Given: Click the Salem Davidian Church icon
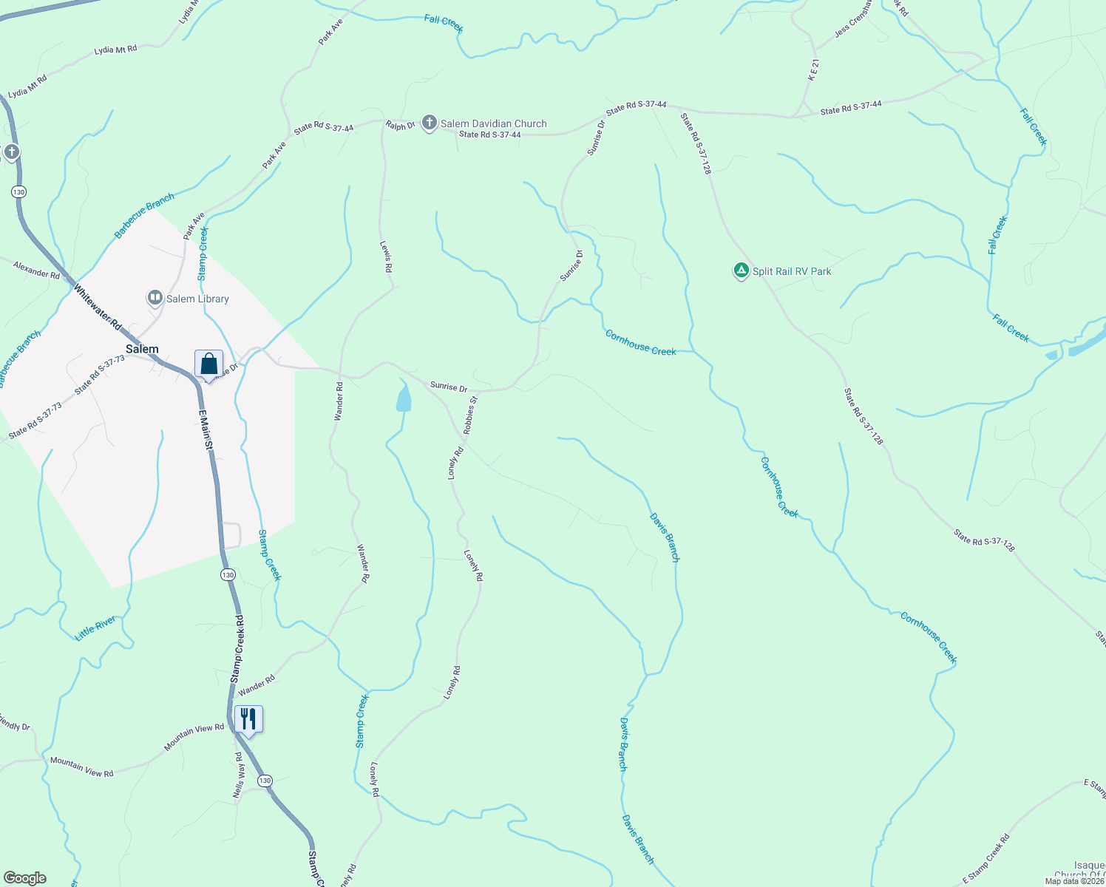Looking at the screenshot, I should point(430,123).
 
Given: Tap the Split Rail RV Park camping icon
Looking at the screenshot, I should point(741,271).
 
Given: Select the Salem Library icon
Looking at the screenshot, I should point(155,299).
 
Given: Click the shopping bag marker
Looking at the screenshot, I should point(208,364).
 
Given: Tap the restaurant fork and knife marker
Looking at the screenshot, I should point(248,719).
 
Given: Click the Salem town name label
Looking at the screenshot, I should point(142,349).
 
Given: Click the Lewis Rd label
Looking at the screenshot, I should point(386,256).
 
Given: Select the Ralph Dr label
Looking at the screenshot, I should point(400,126).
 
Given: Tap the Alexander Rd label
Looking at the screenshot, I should point(36,270).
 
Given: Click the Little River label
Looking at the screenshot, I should point(95,628).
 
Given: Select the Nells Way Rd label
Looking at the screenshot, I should point(238,775).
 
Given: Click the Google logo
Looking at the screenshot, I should point(25,878).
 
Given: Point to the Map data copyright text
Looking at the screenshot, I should point(1073,881).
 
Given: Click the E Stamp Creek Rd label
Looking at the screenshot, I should point(985,857).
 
